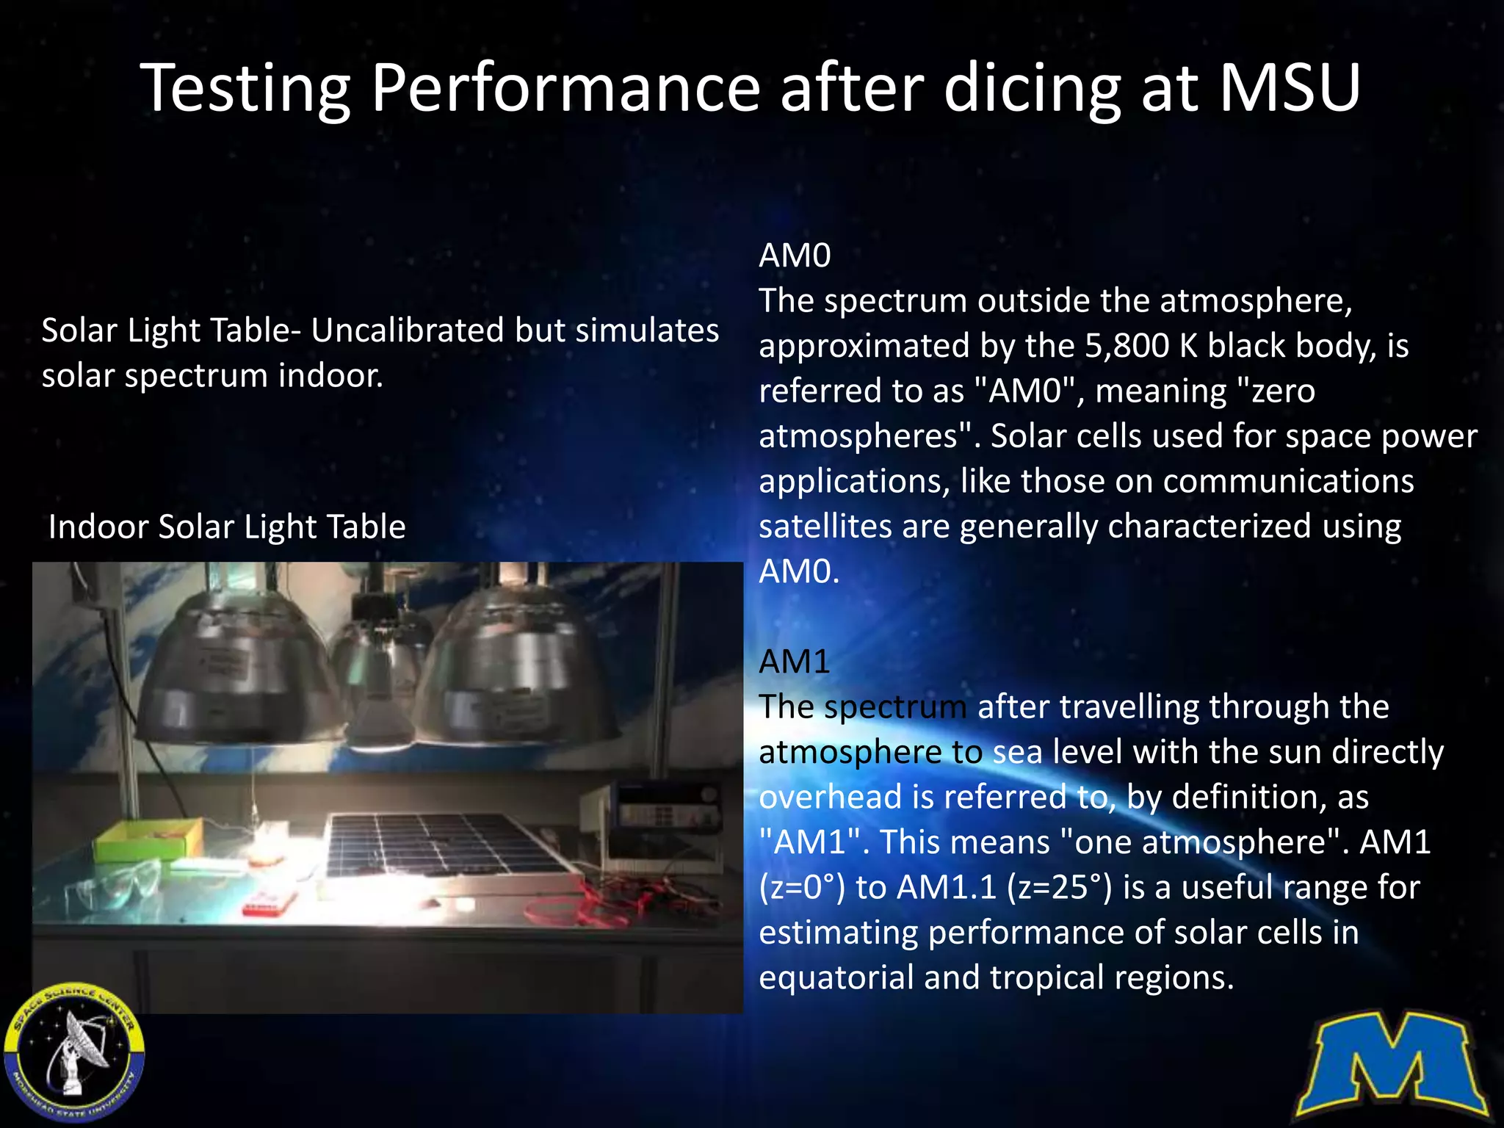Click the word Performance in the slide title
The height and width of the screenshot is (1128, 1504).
pyautogui.click(x=564, y=90)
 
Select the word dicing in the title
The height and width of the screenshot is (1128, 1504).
pyautogui.click(x=1031, y=90)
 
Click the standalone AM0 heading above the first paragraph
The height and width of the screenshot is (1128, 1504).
pyautogui.click(x=795, y=256)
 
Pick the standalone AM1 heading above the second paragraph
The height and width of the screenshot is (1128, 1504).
pyautogui.click(x=794, y=662)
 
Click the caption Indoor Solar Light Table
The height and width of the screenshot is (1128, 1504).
pyautogui.click(x=226, y=527)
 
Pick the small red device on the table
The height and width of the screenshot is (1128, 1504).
pyautogui.click(x=269, y=904)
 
